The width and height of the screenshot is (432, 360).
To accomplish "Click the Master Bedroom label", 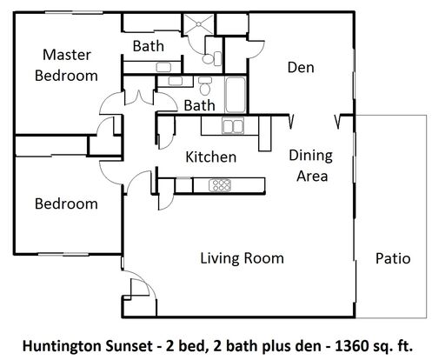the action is point(66,65).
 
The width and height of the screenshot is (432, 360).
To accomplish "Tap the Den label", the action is point(301,68).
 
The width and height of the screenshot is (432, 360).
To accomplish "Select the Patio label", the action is point(393,258).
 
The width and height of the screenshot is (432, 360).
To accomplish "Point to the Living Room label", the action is point(242,258).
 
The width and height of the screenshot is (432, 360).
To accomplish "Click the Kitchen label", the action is point(210,157).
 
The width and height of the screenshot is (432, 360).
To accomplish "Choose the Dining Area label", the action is point(311,165).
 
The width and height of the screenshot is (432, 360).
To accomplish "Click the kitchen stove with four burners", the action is point(220,185).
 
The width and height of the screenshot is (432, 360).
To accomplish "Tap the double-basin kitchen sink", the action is point(233,126).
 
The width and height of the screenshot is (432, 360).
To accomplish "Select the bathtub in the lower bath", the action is point(236,95).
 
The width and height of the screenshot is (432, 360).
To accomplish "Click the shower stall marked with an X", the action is point(199,23).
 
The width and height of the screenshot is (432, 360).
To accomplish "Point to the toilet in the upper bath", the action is point(212,58).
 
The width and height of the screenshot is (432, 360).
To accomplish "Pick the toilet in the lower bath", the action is point(205,85).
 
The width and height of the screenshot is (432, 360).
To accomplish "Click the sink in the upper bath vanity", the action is point(163,67).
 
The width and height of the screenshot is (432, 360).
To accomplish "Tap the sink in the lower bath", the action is point(176,81).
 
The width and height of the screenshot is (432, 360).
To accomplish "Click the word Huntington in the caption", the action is point(62,347).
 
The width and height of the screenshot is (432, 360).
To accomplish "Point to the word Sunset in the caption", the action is point(128,346).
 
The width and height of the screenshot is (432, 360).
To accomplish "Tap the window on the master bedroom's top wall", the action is point(73,12).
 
